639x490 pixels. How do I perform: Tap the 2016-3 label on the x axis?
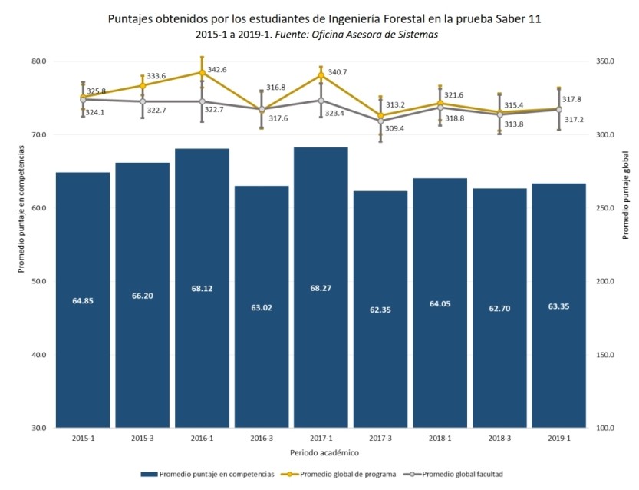[262, 438]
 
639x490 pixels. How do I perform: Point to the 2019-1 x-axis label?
[558, 438]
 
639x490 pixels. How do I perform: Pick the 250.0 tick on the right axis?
[607, 208]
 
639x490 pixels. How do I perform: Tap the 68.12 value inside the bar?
[202, 289]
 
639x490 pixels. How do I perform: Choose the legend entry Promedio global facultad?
[463, 474]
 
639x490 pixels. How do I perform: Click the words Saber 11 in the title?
[516, 18]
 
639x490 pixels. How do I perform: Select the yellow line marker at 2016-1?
[203, 72]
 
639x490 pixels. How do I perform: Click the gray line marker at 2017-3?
[380, 121]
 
